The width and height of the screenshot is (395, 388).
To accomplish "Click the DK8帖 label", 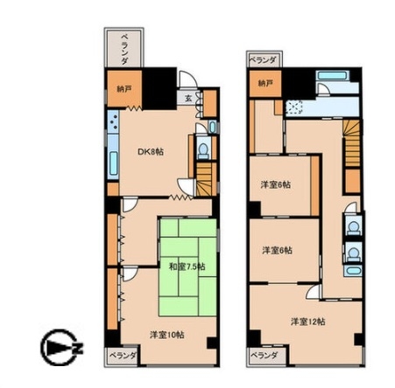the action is [151, 152].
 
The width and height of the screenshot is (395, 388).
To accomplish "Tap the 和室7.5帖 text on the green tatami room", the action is [187, 267].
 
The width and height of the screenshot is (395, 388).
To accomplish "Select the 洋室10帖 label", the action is [167, 335].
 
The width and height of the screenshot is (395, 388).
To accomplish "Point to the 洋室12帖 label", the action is [308, 322].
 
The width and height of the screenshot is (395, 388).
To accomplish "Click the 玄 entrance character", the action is [188, 98].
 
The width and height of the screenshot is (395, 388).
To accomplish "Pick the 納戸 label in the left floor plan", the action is [124, 89].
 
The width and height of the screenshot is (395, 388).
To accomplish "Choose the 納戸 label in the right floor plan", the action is [265, 83].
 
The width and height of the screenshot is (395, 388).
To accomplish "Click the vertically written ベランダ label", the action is [124, 49].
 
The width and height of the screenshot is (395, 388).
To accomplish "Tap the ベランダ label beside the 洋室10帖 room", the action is [123, 356].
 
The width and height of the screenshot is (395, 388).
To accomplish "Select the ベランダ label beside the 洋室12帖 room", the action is [264, 356].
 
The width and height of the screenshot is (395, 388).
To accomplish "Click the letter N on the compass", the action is [78, 348].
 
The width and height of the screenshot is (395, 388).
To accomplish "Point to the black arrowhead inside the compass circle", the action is [58, 348].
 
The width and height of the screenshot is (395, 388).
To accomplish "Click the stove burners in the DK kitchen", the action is [113, 121].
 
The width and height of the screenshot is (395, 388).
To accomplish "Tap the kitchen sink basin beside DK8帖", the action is [114, 163].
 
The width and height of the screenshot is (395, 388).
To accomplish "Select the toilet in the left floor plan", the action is [203, 149].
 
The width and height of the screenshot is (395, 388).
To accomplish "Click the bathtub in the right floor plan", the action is [332, 76].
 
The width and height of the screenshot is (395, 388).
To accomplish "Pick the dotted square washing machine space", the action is [294, 107].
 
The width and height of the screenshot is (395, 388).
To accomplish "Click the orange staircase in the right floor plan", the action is [352, 143].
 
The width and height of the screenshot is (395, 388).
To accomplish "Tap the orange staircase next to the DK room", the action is [205, 179].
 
